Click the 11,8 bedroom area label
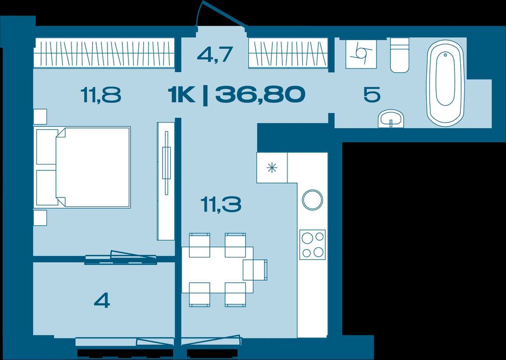[x=101, y=95]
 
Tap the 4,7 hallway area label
[x=215, y=55]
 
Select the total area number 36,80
[x=260, y=95]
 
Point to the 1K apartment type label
[x=182, y=95]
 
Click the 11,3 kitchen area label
[x=221, y=205]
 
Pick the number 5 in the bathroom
[x=372, y=95]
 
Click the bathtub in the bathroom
[x=445, y=83]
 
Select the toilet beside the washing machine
[x=400, y=55]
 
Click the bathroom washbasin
[x=391, y=118]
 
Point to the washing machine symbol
[x=362, y=53]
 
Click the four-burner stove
[x=312, y=245]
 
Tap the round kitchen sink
[x=312, y=200]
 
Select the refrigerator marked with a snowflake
[x=272, y=168]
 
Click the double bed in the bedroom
[x=83, y=167]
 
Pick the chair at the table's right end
[x=255, y=269]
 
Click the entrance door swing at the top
[x=222, y=14]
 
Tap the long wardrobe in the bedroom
[x=104, y=53]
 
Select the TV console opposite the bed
[x=166, y=181]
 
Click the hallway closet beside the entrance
[x=288, y=53]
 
